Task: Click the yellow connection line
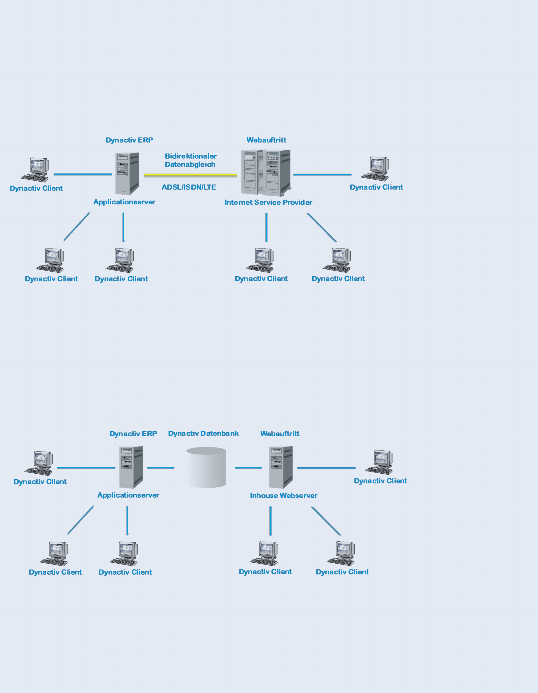(x=190, y=175)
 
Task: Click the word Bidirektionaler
(x=190, y=156)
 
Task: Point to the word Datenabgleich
(x=190, y=164)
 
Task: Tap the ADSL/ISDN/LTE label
(x=189, y=187)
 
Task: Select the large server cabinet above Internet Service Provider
(x=266, y=173)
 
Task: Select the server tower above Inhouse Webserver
(x=281, y=467)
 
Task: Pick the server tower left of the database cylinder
(x=131, y=467)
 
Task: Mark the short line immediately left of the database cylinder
(x=160, y=468)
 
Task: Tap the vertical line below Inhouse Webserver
(x=270, y=521)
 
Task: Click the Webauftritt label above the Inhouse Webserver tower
(x=280, y=434)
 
